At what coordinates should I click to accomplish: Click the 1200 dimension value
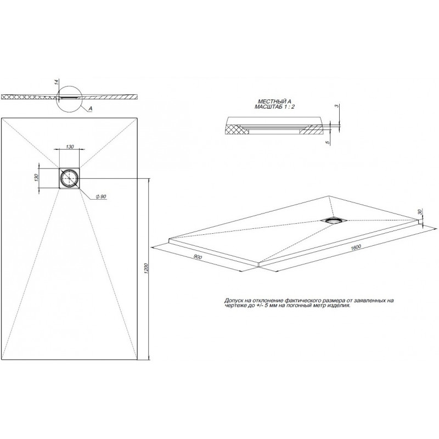tap(146, 269)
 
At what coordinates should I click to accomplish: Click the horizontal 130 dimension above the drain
tap(70, 147)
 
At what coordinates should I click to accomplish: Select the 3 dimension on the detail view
tap(336, 106)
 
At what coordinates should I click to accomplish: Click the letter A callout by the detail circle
tap(91, 109)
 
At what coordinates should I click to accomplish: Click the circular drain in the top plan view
tap(70, 178)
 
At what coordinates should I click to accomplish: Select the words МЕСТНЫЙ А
tap(274, 101)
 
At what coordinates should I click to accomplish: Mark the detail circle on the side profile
tap(70, 97)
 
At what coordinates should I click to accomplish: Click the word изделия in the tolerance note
tap(338, 307)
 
